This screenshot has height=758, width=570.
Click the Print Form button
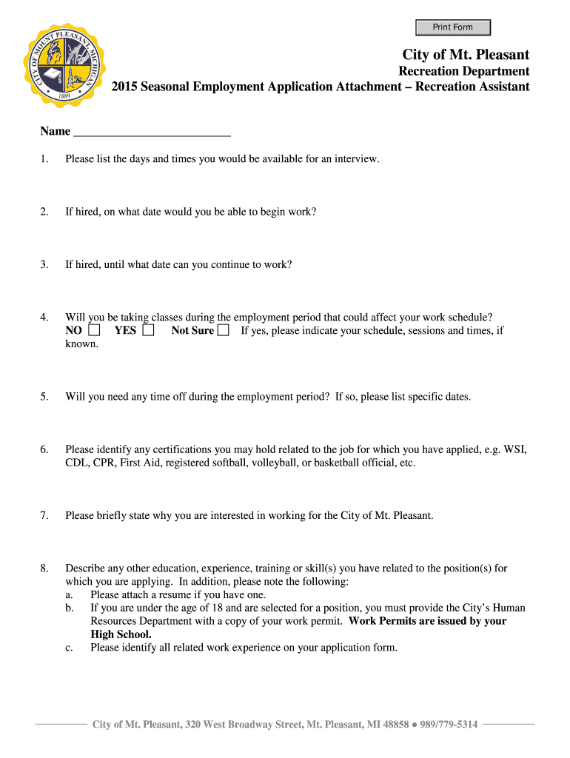pyautogui.click(x=452, y=27)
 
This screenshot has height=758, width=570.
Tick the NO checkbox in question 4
pyautogui.click(x=94, y=331)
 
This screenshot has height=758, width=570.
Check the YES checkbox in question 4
pyautogui.click(x=148, y=331)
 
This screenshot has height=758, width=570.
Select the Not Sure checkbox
pyautogui.click(x=223, y=331)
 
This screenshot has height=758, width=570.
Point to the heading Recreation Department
pyautogui.click(x=464, y=71)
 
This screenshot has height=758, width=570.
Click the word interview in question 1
pyautogui.click(x=356, y=158)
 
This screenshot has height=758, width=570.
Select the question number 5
pyautogui.click(x=44, y=397)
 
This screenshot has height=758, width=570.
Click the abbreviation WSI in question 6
pyautogui.click(x=515, y=449)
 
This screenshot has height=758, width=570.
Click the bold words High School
pyautogui.click(x=121, y=634)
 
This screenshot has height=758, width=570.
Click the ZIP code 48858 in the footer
pyautogui.click(x=394, y=724)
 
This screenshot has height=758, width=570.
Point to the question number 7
pyautogui.click(x=44, y=515)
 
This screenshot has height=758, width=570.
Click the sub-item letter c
pyautogui.click(x=69, y=648)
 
